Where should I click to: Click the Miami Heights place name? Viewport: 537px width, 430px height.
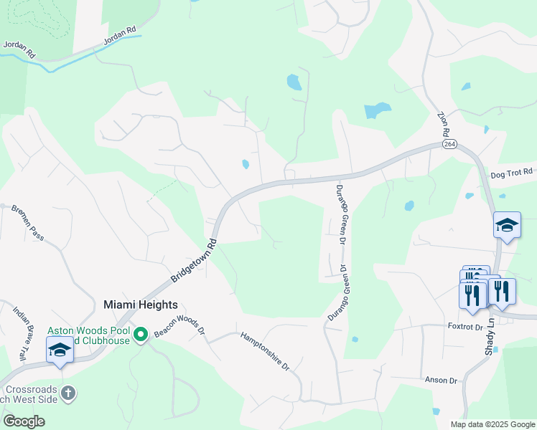[x=141, y=304]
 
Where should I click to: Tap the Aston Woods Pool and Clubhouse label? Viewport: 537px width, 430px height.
[x=89, y=335]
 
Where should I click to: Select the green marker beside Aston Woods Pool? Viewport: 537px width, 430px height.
[x=141, y=334]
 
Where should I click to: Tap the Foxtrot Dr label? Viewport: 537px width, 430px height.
[x=464, y=327]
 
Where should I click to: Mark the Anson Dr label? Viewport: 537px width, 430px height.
[x=441, y=380]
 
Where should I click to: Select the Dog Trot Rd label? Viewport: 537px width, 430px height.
[x=512, y=173]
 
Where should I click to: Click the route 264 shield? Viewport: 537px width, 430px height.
[x=449, y=144]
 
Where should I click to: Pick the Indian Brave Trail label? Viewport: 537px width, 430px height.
[x=22, y=333]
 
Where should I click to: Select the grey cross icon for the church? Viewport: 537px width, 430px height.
[x=67, y=393]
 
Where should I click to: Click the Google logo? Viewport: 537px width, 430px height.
[x=24, y=421]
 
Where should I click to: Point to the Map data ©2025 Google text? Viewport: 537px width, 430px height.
[x=492, y=424]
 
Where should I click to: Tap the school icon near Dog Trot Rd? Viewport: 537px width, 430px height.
[x=507, y=226]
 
